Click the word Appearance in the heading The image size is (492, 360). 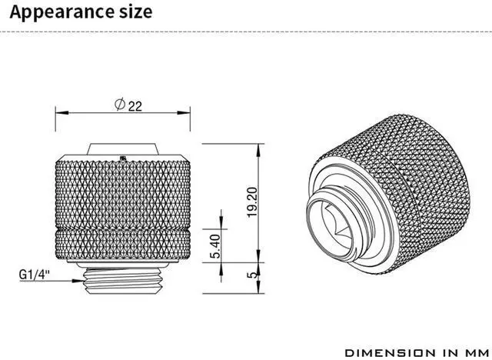coord(61,12)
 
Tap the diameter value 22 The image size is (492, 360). coord(135,106)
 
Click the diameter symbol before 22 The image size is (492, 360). coord(120,104)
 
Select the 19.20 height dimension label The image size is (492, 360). coord(252,202)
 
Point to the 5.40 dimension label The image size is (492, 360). coord(215,246)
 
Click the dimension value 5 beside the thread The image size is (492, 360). coord(251,275)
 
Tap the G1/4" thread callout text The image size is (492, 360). coord(35,275)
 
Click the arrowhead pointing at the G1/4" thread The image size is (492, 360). coord(78,281)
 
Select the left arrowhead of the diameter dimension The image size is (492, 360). coord(61,112)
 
